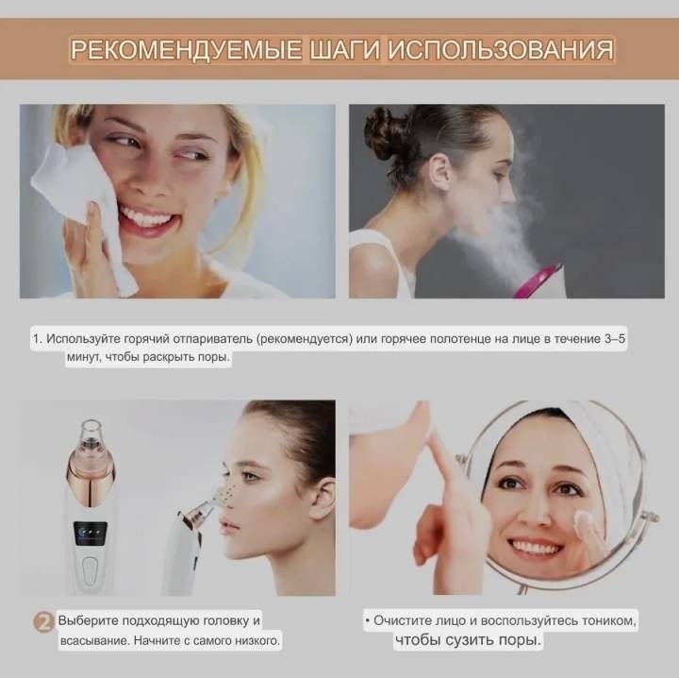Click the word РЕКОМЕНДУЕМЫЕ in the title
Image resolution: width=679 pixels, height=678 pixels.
pyautogui.click(x=186, y=49)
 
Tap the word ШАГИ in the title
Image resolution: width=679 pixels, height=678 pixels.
pyautogui.click(x=345, y=49)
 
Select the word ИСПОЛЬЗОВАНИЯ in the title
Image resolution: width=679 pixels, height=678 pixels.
pyautogui.click(x=501, y=49)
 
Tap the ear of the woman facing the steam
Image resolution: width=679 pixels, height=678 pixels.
pyautogui.click(x=439, y=172)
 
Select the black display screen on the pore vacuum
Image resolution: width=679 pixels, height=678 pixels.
pyautogui.click(x=91, y=534)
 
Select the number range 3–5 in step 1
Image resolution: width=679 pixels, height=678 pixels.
pyautogui.click(x=615, y=338)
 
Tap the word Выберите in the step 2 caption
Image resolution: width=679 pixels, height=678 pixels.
pyautogui.click(x=89, y=620)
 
